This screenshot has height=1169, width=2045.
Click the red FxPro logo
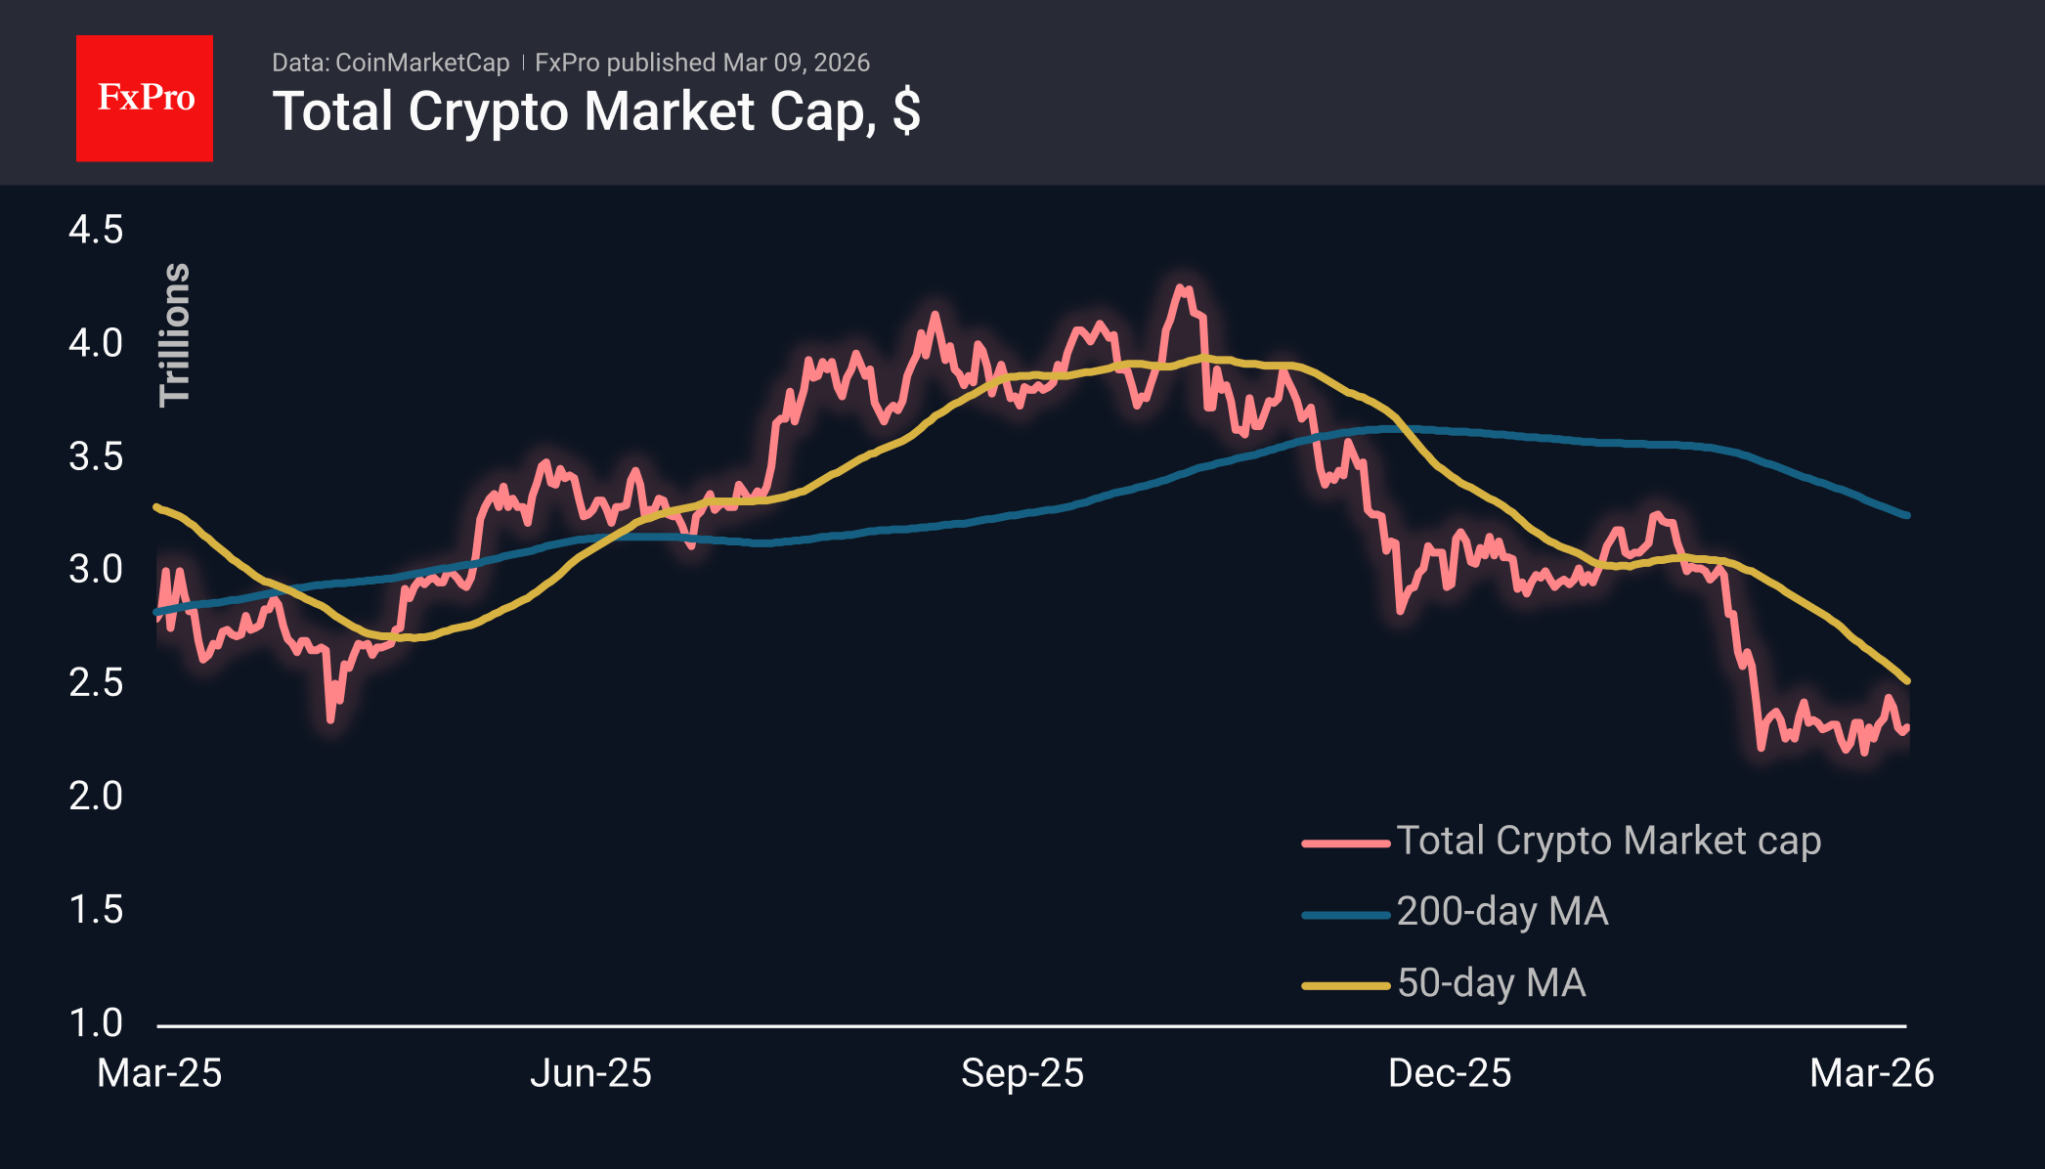click(145, 98)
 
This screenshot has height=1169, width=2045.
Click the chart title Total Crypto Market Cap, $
click(595, 111)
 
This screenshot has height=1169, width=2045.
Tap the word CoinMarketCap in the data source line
click(421, 63)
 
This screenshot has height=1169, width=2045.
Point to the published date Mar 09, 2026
click(796, 63)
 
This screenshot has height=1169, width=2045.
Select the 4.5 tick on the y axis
click(96, 231)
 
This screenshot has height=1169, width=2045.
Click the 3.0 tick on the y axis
click(96, 569)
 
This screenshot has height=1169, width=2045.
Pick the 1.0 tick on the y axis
click(96, 1022)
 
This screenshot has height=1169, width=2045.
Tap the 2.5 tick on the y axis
click(96, 682)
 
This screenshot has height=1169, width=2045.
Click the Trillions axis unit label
click(175, 333)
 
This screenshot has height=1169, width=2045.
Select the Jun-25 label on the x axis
click(590, 1073)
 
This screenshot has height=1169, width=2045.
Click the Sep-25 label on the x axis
click(1022, 1073)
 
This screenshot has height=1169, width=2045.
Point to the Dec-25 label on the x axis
click(1450, 1073)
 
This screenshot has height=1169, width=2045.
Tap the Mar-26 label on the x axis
click(1871, 1073)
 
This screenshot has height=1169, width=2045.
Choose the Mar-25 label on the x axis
click(159, 1073)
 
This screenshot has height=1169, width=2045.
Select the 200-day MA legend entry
click(1501, 912)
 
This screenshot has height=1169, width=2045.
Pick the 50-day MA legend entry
click(1491, 983)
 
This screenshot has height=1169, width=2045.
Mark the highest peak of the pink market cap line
click(1182, 287)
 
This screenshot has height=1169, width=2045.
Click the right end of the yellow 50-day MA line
click(1907, 680)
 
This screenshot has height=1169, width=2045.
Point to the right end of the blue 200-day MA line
click(1907, 515)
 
